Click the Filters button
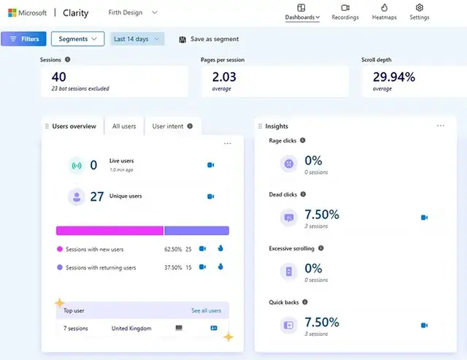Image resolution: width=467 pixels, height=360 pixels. coord(24,39)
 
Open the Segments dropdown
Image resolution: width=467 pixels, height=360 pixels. coord(77,39)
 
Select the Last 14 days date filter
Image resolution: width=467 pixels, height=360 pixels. coord(137,39)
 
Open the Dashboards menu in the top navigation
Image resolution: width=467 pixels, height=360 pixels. coord(301,12)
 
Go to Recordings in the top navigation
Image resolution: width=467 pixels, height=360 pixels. coord(345,12)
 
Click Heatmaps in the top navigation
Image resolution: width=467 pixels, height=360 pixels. coord(385,12)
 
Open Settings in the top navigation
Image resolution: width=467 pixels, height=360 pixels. coord(419,12)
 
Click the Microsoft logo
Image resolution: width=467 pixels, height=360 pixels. coord(12,13)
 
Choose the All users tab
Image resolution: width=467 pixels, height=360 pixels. coord(124,126)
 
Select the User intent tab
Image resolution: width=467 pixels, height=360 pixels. coord(172,126)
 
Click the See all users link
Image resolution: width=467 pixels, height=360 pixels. coord(206,310)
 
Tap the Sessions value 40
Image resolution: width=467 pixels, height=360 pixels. coord(59,77)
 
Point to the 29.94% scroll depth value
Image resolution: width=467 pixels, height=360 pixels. coord(394,77)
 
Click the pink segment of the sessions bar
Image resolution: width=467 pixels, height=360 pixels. coord(109,231)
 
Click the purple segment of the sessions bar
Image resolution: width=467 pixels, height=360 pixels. coord(196,231)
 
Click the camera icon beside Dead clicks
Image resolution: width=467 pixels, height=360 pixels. coord(424,218)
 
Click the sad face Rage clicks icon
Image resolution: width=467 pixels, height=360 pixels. coord(289,164)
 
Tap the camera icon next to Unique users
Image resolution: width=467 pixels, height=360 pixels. coord(210,196)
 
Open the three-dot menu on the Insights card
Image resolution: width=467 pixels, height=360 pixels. coord(440,126)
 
